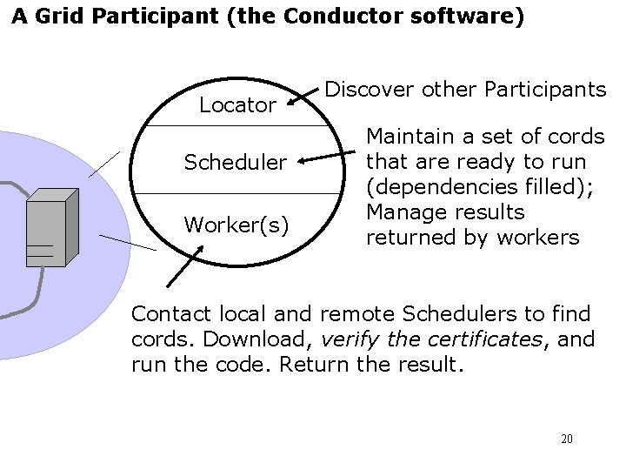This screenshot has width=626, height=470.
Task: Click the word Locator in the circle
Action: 237,105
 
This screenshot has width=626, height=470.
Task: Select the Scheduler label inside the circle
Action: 234,162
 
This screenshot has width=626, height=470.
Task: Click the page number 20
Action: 567,439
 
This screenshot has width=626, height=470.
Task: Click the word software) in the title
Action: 477,17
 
